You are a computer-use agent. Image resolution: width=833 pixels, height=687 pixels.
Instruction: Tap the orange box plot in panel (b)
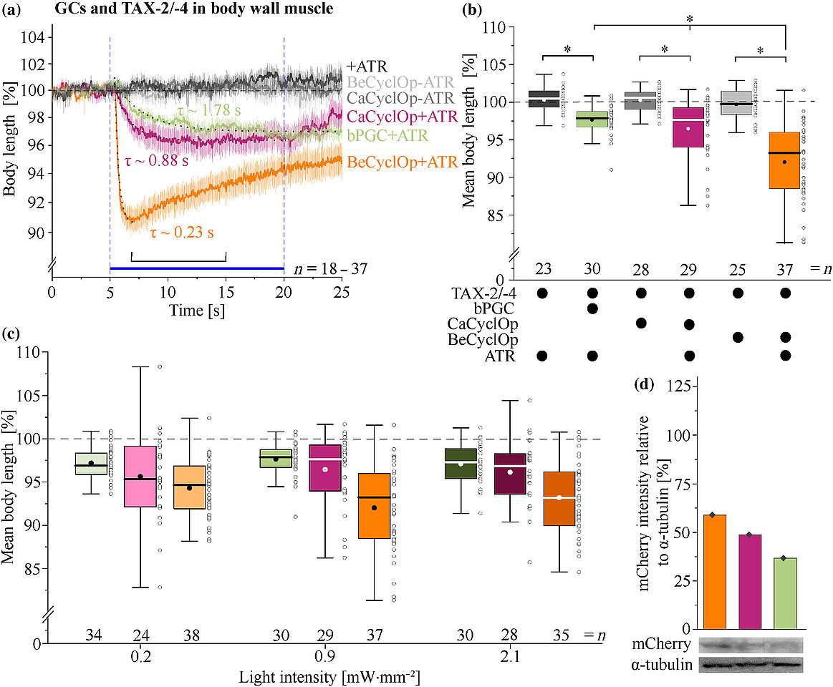(x=785, y=170)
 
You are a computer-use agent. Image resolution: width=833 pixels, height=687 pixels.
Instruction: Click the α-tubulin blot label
(x=664, y=665)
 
